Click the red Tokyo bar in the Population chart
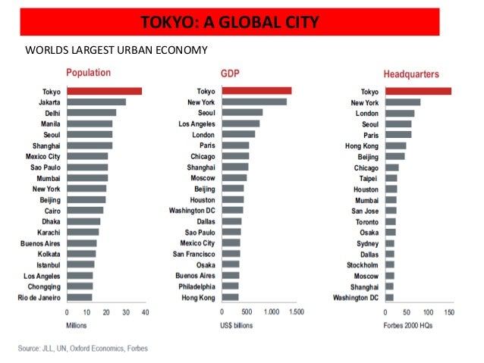(x=104, y=91)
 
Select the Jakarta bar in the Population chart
(x=96, y=102)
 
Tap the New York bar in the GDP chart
(x=253, y=102)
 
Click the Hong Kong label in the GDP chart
(x=200, y=297)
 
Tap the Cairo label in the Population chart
(x=52, y=211)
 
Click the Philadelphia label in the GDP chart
(x=196, y=286)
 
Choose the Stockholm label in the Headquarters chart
(x=363, y=265)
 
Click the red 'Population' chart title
(x=88, y=74)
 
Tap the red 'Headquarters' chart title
(x=411, y=74)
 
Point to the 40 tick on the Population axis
(x=145, y=312)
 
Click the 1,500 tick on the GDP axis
(x=294, y=312)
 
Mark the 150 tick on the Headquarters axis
(x=449, y=312)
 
